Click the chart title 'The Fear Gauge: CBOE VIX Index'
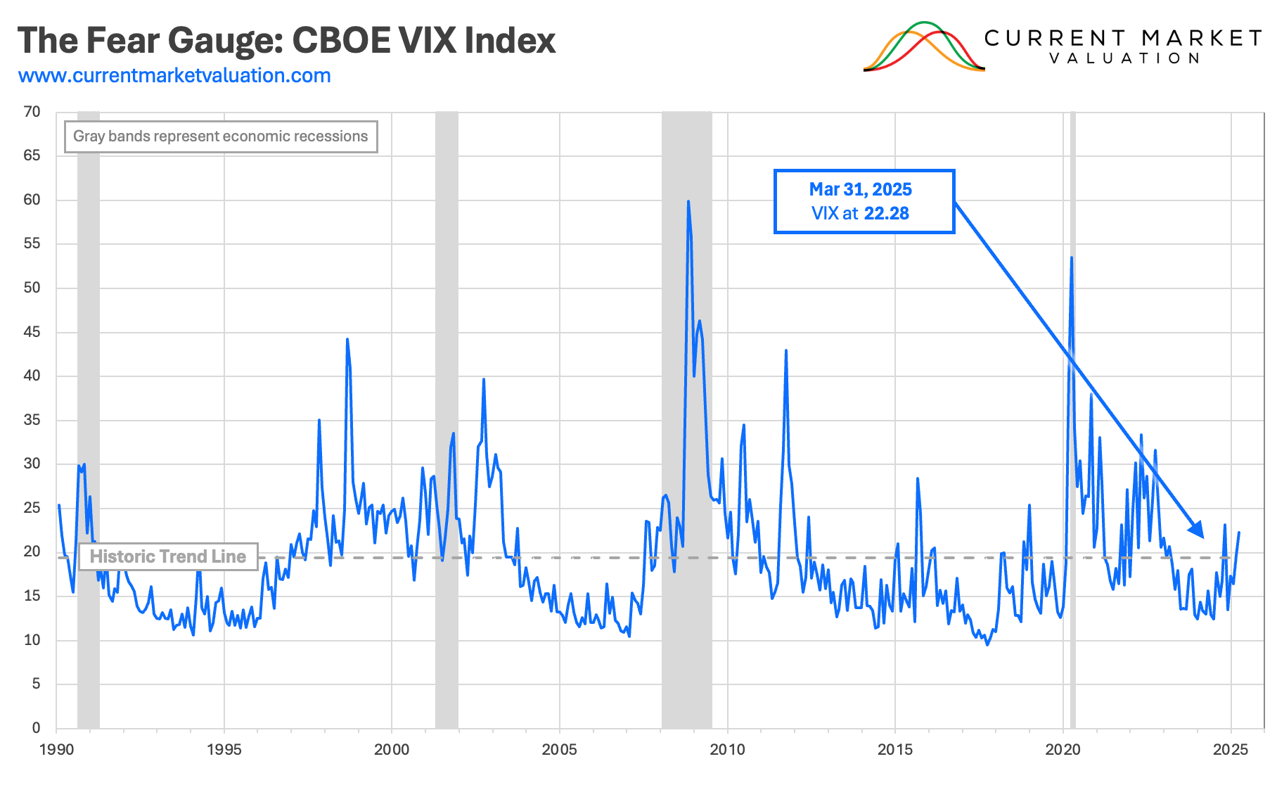[286, 41]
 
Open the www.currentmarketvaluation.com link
[174, 75]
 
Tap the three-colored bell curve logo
[923, 47]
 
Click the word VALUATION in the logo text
[1124, 58]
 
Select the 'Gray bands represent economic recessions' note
[220, 136]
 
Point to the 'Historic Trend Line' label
[167, 556]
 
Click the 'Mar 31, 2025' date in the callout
[860, 189]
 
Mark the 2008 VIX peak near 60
[688, 202]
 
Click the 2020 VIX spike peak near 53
[1071, 258]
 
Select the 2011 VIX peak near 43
[785, 350]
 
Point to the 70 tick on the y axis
[32, 112]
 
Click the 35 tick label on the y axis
[32, 420]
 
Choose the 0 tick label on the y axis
[36, 728]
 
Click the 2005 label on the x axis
[559, 749]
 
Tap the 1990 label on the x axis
[56, 749]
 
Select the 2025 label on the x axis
[1231, 749]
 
